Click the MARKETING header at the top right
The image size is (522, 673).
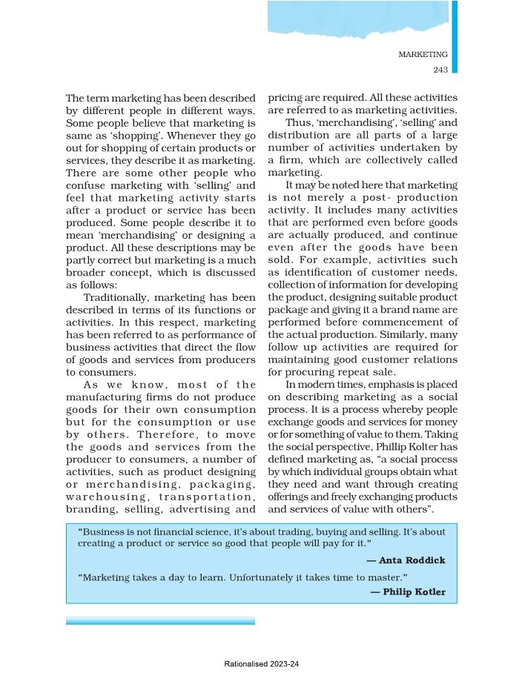pyautogui.click(x=423, y=55)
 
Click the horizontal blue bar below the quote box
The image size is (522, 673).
pyautogui.click(x=159, y=620)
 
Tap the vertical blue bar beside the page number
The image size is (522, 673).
pyautogui.click(x=455, y=37)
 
